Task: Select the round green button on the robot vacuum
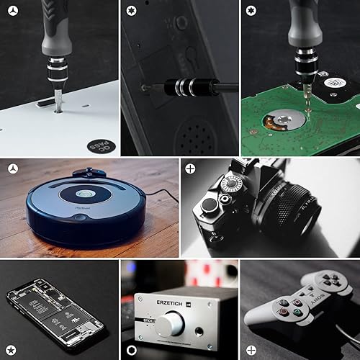85,194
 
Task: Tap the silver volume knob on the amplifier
170,325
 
